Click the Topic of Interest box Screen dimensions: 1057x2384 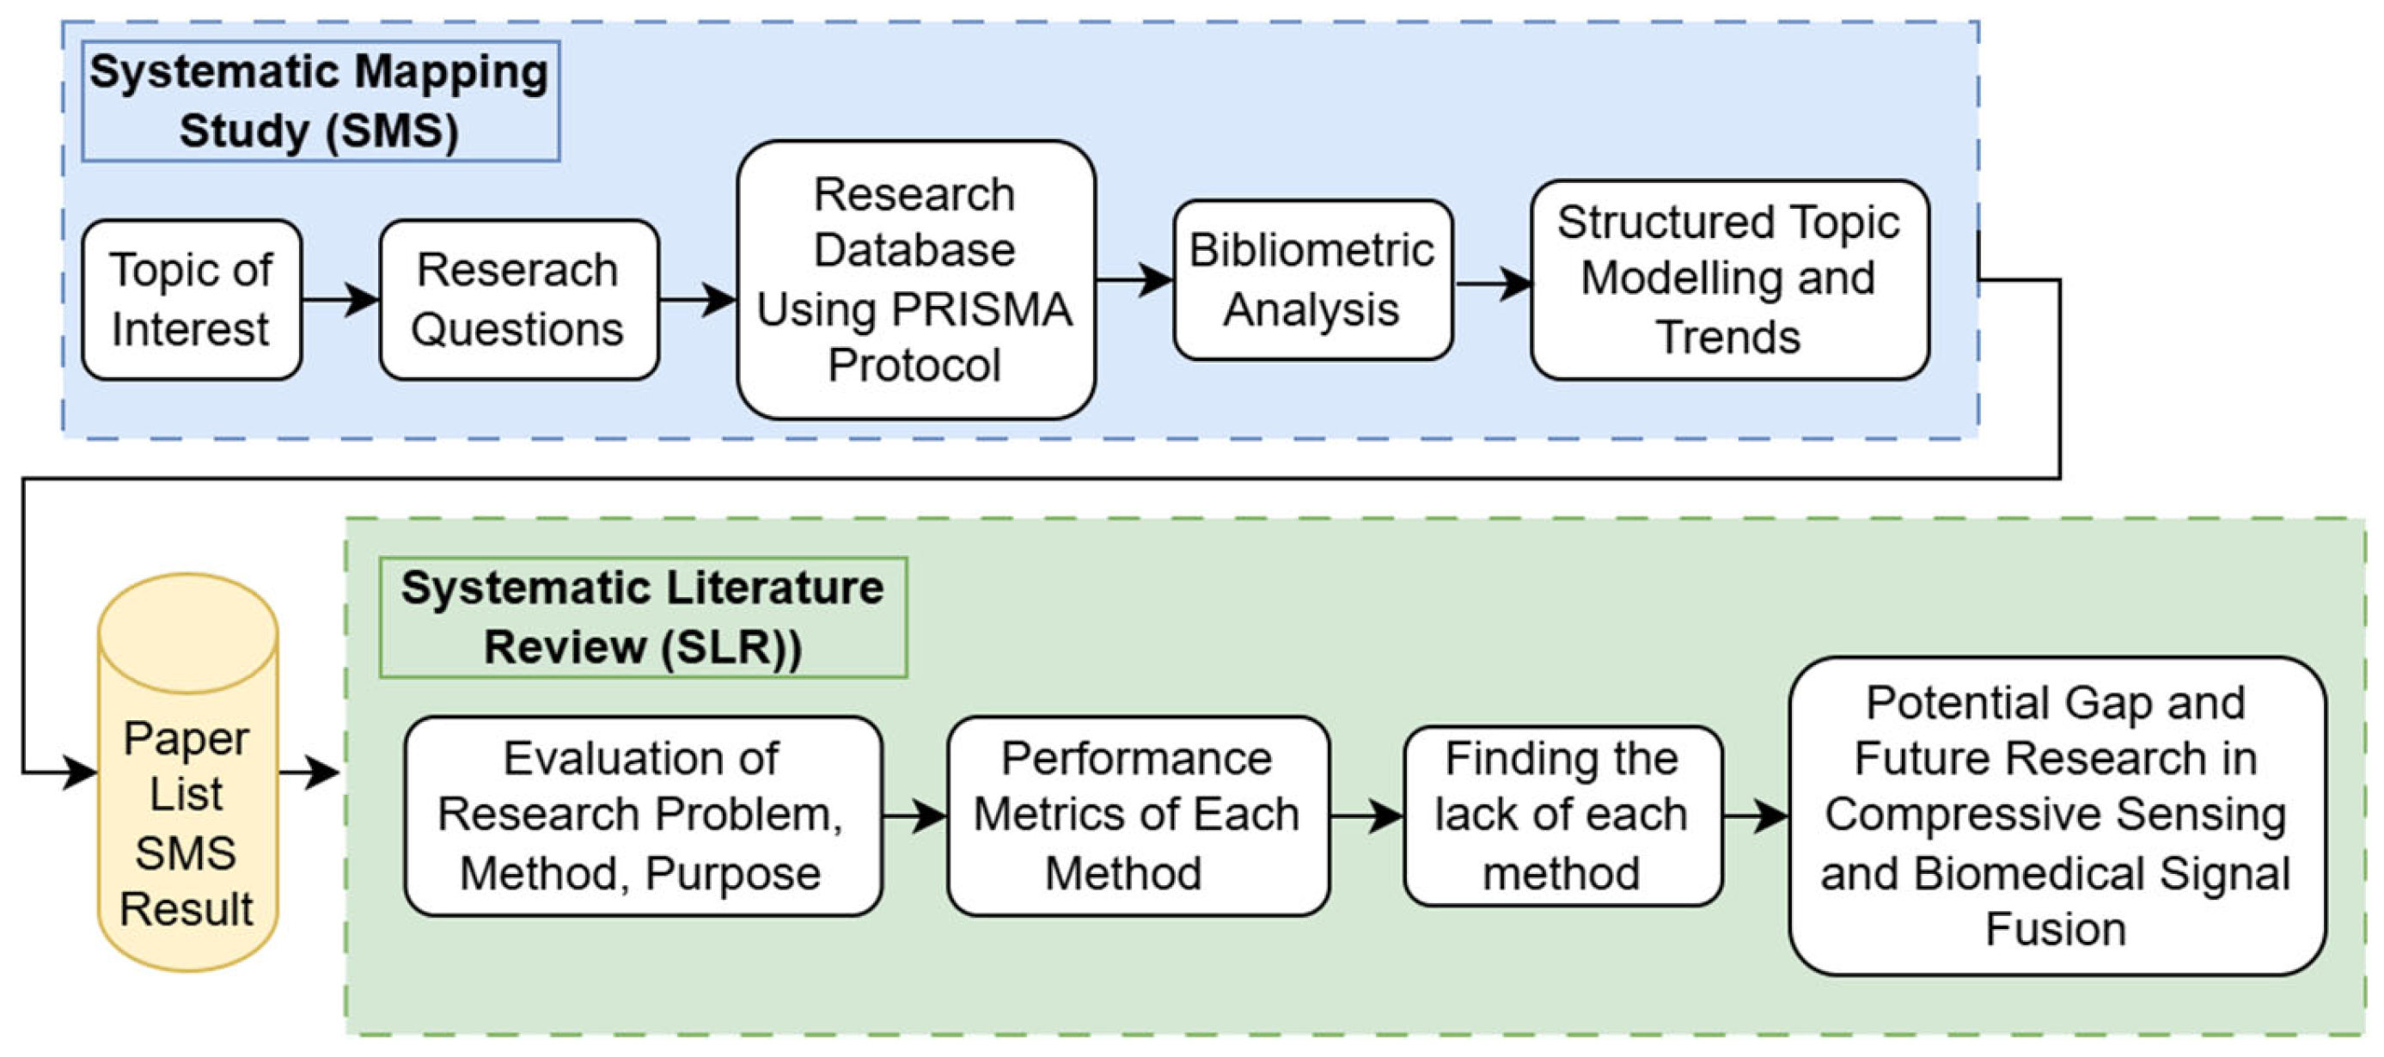(192, 300)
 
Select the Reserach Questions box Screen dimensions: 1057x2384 (518, 300)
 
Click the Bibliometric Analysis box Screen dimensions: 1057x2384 (1311, 279)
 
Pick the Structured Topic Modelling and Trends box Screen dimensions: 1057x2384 (1729, 279)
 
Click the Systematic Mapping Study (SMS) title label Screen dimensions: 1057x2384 (321, 101)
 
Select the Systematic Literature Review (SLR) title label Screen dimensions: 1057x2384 (642, 617)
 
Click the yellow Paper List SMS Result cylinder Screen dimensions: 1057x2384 (188, 796)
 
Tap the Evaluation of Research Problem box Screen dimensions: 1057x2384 (642, 816)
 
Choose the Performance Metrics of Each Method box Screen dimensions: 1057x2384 (1137, 816)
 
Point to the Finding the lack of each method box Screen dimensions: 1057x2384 (1562, 816)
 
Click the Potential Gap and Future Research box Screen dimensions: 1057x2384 (2057, 816)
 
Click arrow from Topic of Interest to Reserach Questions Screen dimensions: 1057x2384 (339, 299)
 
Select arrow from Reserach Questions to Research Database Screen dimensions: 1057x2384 (697, 299)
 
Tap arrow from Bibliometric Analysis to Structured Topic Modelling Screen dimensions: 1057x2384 (1493, 284)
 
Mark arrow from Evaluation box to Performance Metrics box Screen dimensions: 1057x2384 (914, 816)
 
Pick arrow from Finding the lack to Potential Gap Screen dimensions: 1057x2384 (1755, 816)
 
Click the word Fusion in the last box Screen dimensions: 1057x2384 (2057, 929)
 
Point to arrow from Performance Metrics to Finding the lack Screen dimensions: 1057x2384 (1366, 816)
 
